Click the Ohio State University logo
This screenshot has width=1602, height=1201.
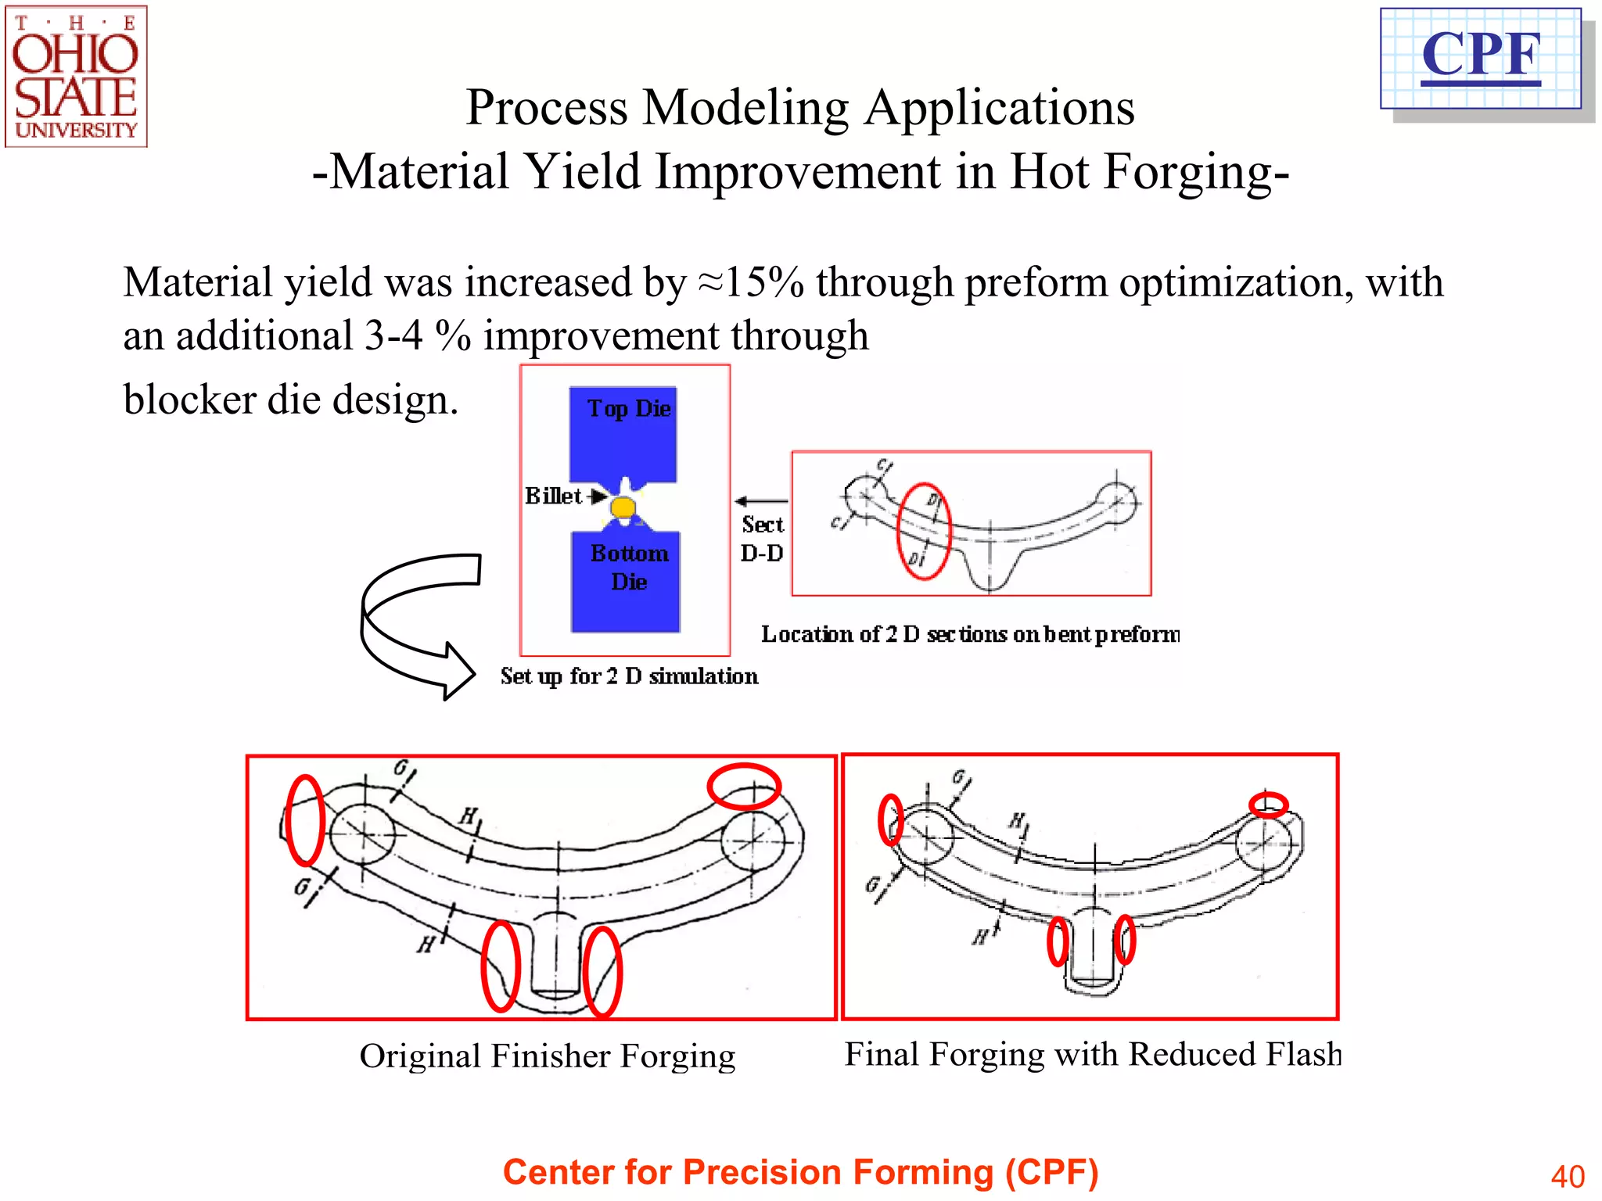coord(76,77)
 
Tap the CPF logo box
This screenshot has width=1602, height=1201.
coord(1481,58)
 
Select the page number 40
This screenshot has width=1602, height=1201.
coord(1567,1176)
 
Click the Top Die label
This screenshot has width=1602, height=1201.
coord(629,408)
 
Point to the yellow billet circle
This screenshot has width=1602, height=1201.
coord(623,508)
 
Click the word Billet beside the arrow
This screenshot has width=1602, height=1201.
coord(553,496)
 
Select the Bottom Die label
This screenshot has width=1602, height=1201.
coord(629,567)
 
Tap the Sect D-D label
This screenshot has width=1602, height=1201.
coord(762,539)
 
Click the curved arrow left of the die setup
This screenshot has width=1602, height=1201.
coord(415,626)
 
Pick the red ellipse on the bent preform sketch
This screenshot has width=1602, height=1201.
coord(923,531)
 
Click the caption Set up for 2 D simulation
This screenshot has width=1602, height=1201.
coord(629,676)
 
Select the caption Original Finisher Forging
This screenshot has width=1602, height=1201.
coord(547,1056)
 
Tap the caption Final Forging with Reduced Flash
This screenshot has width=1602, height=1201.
coord(1092,1054)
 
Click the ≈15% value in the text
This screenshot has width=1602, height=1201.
coord(751,282)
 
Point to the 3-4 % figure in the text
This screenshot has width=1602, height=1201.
coord(418,336)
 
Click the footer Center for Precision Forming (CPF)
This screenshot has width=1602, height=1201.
coord(800,1172)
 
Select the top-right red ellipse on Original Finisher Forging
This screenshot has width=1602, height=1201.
coord(744,786)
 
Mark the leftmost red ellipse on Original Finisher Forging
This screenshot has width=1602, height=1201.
coord(304,820)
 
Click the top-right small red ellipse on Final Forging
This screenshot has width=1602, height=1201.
coord(1267,804)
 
